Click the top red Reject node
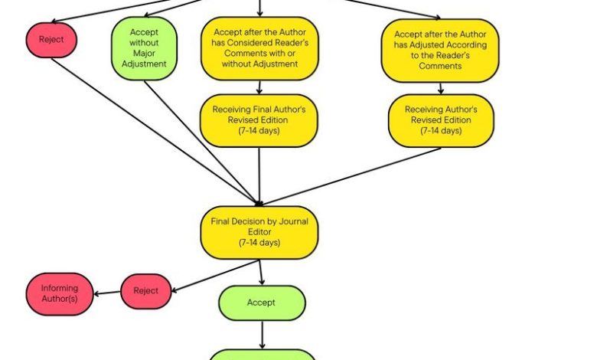coord(51,40)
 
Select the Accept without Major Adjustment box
coord(144,48)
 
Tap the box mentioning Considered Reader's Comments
coord(259,48)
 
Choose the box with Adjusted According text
coord(440,51)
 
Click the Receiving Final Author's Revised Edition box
coord(259,121)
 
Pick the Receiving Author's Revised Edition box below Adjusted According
coord(441,121)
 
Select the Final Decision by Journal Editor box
coord(259,233)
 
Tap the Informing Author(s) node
coord(60,293)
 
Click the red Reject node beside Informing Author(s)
coord(146,291)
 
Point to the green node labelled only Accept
coord(262,303)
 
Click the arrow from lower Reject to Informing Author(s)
coord(107,293)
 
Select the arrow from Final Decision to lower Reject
coord(216,276)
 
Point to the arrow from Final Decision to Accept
coord(261,273)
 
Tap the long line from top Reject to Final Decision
coord(155,132)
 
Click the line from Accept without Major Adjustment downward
coord(202,143)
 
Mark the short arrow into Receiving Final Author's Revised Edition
coord(259,87)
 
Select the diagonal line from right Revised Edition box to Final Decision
coord(351,177)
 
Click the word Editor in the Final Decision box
coord(259,231)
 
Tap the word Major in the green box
coord(144,54)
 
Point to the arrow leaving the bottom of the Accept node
coord(262,335)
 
